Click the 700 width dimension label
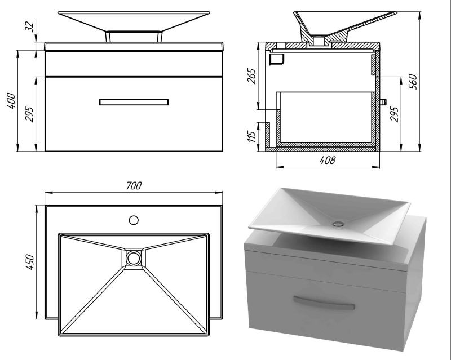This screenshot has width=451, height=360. tap(134, 186)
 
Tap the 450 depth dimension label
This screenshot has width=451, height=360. tap(30, 261)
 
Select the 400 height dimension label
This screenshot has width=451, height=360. tap(11, 100)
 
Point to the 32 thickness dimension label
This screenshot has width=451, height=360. tap(30, 26)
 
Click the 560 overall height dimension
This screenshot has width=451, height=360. tap(413, 81)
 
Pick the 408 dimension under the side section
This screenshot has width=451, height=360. tap(328, 160)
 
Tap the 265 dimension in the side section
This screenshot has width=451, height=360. tap(252, 75)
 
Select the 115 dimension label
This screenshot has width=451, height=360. tap(251, 136)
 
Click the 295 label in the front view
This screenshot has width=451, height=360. tap(30, 114)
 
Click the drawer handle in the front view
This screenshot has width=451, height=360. tap(134, 102)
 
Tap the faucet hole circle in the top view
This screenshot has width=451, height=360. tap(134, 220)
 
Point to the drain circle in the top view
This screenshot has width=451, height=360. tap(134, 258)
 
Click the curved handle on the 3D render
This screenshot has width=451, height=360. tap(324, 303)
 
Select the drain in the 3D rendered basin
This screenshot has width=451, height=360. tap(338, 224)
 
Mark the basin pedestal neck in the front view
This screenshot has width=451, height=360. tap(134, 36)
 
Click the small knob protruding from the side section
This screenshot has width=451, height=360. tap(383, 102)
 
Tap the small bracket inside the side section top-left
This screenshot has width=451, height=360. tap(277, 59)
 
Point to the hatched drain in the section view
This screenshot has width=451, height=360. tap(319, 41)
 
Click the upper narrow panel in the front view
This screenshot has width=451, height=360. tap(134, 64)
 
